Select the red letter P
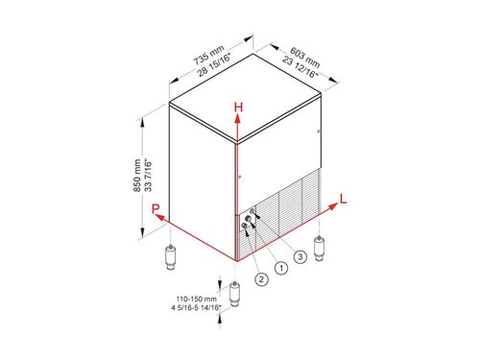tap(153, 208)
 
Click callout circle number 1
tap(280, 269)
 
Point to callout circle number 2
tap(260, 279)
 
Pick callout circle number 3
tap(300, 258)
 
